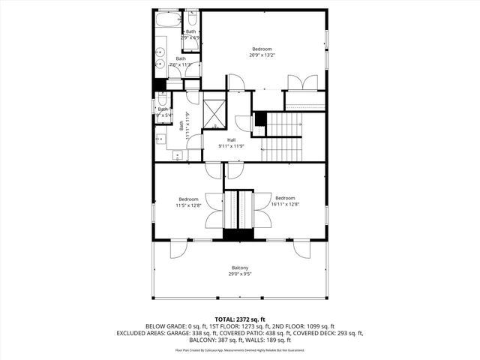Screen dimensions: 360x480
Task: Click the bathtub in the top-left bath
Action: (x=167, y=19)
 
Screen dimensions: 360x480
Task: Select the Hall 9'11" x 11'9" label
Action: (x=232, y=142)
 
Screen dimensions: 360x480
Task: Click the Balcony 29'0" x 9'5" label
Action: (x=239, y=271)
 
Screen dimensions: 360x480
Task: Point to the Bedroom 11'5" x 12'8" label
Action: (x=187, y=202)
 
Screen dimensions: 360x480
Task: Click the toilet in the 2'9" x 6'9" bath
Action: (x=191, y=18)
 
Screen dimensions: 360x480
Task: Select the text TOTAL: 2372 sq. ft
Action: (x=240, y=319)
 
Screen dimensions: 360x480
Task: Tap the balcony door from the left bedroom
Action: (x=178, y=248)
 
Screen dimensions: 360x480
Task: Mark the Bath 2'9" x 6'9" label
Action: (x=190, y=34)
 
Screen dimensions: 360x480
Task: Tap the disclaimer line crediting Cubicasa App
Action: (x=240, y=349)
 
